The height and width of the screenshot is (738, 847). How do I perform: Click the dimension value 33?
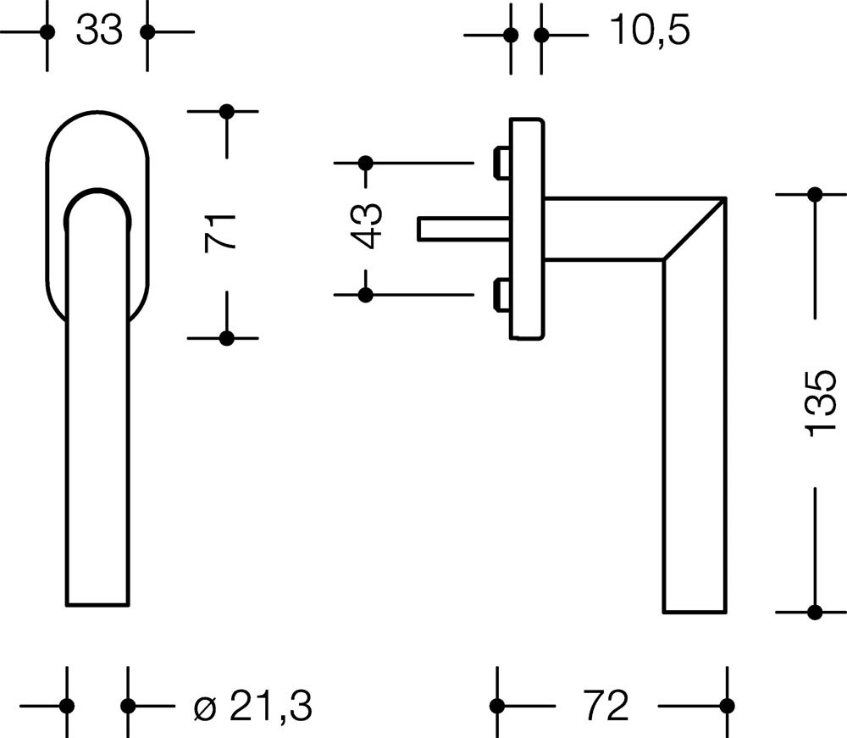pos(99,31)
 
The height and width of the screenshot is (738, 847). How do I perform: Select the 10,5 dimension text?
pos(650,31)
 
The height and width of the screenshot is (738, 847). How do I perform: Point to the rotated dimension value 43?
pos(366,226)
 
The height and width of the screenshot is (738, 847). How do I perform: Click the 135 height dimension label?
pos(820,403)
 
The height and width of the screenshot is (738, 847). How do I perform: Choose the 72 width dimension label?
pos(606,706)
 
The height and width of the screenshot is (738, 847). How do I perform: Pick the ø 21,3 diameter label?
pos(252,706)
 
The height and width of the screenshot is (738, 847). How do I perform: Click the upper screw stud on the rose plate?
pos(501,162)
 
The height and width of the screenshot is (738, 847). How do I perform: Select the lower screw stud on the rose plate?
pos(501,295)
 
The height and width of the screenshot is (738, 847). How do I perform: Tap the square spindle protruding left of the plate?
pos(464,229)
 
